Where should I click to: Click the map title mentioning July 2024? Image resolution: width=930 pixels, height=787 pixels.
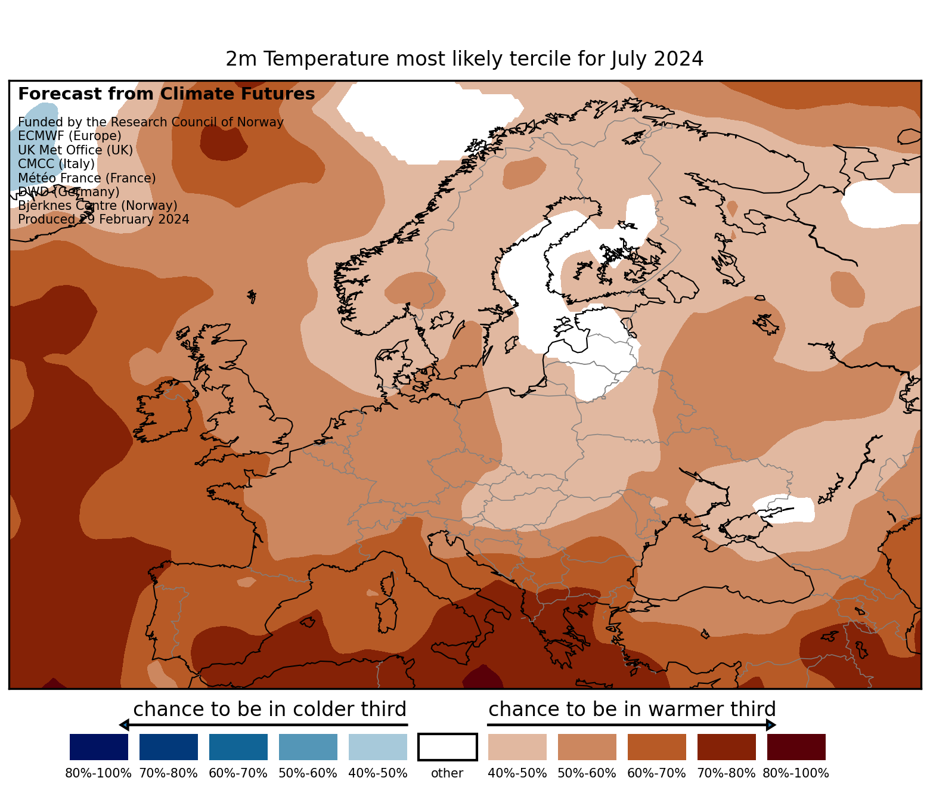464,59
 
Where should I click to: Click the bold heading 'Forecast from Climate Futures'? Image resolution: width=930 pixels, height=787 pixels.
166,94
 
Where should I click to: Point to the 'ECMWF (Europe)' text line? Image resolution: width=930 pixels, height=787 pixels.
70,136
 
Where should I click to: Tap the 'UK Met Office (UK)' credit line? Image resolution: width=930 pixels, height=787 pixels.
76,150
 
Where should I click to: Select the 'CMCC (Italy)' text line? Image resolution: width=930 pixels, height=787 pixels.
56,164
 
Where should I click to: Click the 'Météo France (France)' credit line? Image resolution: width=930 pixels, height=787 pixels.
87,178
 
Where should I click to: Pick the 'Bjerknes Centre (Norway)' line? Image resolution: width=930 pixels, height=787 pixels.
98,206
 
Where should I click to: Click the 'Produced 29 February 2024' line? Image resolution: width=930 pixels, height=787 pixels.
104,219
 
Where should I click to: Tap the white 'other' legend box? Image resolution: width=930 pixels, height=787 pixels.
447,747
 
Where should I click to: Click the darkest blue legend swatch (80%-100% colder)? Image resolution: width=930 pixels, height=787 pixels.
98,747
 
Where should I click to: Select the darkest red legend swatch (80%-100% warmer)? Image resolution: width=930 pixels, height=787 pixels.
796,747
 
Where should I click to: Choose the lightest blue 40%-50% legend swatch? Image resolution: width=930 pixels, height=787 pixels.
377,747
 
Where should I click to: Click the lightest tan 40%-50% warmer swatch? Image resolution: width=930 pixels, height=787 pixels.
517,747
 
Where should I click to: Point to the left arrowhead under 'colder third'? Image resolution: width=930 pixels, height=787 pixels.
124,725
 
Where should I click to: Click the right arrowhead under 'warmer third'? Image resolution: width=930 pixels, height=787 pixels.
771,725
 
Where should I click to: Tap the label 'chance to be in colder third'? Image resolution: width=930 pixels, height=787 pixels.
269,709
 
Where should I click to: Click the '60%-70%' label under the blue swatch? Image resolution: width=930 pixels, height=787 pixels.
238,773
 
